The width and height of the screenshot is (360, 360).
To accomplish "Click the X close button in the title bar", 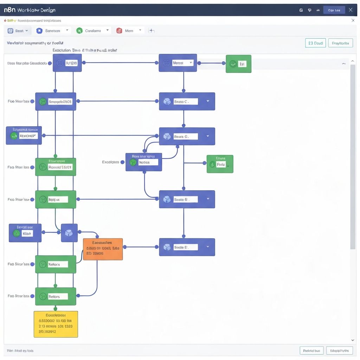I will click(x=351, y=10).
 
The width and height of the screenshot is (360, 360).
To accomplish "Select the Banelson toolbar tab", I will click(x=53, y=31).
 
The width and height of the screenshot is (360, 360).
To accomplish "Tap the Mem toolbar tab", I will click(x=129, y=31).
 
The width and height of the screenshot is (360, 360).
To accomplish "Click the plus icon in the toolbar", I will click(x=152, y=31).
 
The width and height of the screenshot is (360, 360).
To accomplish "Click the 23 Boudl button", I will click(x=315, y=43).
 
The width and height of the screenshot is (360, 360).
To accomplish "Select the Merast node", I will click(x=178, y=63).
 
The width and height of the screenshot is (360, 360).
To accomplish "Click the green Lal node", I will click(x=238, y=64).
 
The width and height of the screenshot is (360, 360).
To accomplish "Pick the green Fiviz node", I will click(x=220, y=164).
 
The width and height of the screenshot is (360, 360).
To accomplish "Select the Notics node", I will click(x=144, y=162).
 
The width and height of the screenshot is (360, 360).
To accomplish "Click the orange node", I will click(x=103, y=249).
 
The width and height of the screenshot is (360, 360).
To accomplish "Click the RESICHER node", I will click(x=24, y=135).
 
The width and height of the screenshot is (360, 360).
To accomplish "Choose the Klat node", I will click(x=25, y=233).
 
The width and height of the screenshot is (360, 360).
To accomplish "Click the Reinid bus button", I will click(x=311, y=351).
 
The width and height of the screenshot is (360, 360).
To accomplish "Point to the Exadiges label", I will click(x=111, y=162).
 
